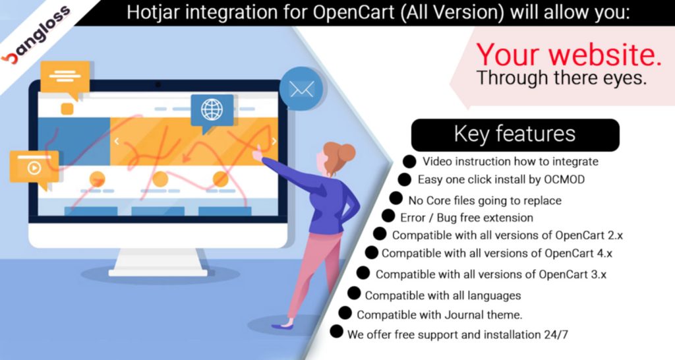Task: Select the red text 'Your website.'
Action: pyautogui.click(x=568, y=54)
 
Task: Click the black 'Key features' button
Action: pyautogui.click(x=515, y=134)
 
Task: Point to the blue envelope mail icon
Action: pyautogui.click(x=301, y=89)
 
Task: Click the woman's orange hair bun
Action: pyautogui.click(x=346, y=152)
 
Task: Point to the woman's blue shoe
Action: pyautogui.click(x=282, y=326)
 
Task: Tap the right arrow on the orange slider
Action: pyautogui.click(x=274, y=141)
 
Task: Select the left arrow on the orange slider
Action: pyautogui.click(x=116, y=141)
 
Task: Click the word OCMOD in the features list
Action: pyautogui.click(x=564, y=179)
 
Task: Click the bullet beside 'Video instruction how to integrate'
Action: pyautogui.click(x=409, y=162)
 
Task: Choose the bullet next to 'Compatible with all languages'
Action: pyautogui.click(x=354, y=293)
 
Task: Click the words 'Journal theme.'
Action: pyautogui.click(x=483, y=315)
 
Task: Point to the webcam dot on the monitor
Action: pyautogui.click(x=158, y=84)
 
